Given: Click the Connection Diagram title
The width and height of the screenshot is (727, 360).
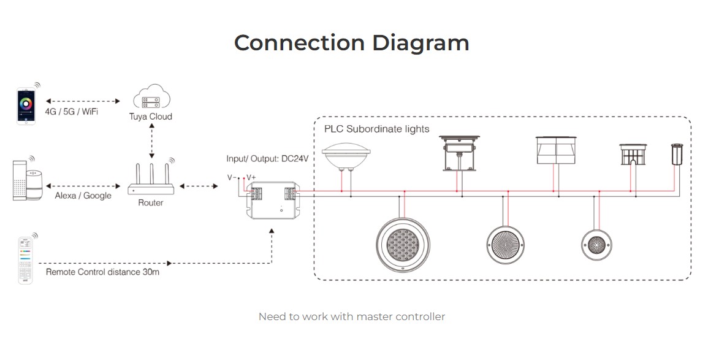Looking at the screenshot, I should [x=351, y=43].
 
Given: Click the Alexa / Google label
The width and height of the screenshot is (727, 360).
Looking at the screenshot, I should [x=83, y=196].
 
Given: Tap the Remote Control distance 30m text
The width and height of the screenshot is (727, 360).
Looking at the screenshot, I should [x=102, y=272].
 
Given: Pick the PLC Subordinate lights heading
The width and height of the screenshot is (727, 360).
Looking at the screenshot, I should [x=376, y=129].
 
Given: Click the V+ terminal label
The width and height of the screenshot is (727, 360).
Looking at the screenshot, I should [x=252, y=177].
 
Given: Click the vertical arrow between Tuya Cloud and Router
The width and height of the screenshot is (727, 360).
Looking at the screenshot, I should [x=151, y=142].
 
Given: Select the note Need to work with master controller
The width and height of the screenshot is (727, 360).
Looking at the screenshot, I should [x=351, y=317].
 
